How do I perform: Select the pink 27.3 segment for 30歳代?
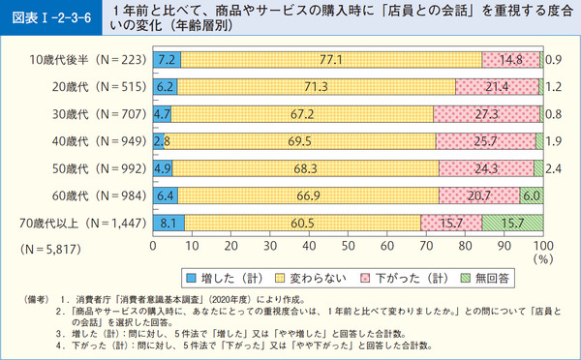tap(486, 115)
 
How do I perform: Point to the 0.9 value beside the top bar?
tap(555, 61)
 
